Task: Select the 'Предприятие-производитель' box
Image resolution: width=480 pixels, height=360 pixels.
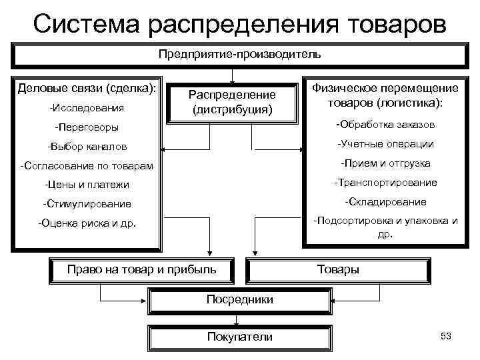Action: pos(240,53)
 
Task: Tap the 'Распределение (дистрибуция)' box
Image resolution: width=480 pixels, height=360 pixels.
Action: pos(231,102)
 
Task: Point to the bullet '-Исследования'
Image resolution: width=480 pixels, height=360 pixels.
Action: pos(87,107)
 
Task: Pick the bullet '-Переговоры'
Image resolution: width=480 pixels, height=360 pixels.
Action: pos(87,127)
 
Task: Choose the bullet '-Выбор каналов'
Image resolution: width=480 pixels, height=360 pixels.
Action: pos(87,146)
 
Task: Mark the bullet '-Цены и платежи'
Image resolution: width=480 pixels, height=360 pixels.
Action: pos(87,185)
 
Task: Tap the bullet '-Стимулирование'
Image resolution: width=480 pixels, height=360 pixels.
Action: pos(87,204)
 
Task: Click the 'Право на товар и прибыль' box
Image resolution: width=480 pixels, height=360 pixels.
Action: pos(142,269)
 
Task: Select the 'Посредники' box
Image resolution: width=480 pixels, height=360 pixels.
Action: pos(240,299)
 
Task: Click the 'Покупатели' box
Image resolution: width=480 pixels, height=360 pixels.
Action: pos(240,337)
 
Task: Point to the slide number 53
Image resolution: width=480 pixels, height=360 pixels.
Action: pos(446,336)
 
